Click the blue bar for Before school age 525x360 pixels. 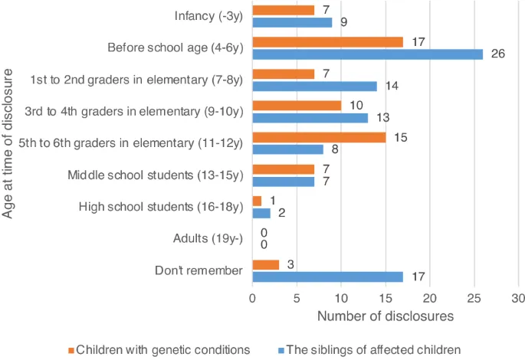(x=367, y=54)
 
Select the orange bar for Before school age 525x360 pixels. (x=327, y=42)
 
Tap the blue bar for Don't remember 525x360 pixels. (x=327, y=277)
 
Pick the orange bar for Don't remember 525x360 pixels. (x=265, y=264)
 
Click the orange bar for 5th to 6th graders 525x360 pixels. (x=318, y=137)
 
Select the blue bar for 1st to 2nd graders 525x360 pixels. (x=314, y=87)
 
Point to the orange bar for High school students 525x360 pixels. (x=257, y=201)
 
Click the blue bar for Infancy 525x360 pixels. (x=292, y=22)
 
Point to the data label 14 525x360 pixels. (x=392, y=87)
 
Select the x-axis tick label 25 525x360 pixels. (x=474, y=299)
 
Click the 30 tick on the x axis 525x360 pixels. (x=518, y=299)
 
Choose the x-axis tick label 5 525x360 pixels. (x=297, y=299)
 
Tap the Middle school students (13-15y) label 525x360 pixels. (x=166, y=175)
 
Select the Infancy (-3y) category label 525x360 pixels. (x=208, y=16)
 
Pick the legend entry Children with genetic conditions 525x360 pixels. (x=162, y=349)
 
